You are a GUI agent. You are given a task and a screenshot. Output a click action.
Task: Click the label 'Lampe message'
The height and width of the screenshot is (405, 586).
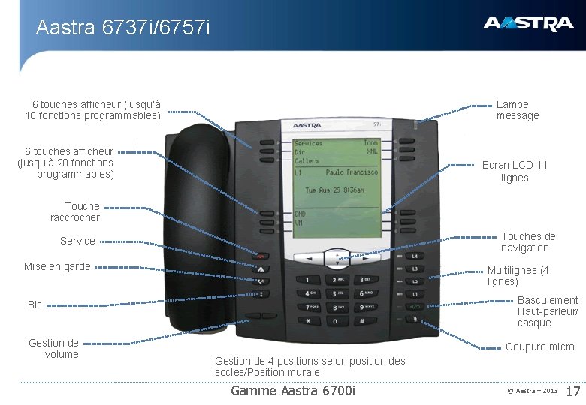click(x=518, y=110)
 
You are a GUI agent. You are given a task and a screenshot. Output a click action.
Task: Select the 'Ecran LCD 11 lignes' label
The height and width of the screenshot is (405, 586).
click(x=515, y=172)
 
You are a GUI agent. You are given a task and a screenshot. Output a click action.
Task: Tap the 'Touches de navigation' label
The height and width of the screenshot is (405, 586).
click(x=528, y=242)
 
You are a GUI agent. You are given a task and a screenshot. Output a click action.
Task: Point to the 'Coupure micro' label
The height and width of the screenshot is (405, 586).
click(x=539, y=347)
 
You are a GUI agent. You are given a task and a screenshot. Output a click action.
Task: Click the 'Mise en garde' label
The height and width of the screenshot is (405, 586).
click(x=57, y=266)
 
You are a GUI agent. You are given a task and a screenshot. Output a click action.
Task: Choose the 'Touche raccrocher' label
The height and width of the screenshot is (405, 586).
click(x=75, y=212)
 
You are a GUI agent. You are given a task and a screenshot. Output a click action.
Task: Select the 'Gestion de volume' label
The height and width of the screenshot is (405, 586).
click(x=53, y=349)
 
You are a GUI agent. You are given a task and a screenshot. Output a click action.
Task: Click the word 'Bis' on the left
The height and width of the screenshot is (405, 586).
click(x=35, y=304)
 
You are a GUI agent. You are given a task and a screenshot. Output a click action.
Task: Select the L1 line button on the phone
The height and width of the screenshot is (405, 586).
click(x=415, y=256)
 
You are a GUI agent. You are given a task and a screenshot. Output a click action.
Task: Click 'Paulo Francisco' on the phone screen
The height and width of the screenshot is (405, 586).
click(x=351, y=172)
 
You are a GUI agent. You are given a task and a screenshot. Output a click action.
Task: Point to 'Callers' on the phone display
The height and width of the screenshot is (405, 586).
click(x=307, y=161)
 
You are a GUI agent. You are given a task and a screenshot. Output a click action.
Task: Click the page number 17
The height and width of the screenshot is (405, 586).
click(x=572, y=391)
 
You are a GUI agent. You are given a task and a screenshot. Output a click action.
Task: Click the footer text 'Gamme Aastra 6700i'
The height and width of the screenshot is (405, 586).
click(x=293, y=391)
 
